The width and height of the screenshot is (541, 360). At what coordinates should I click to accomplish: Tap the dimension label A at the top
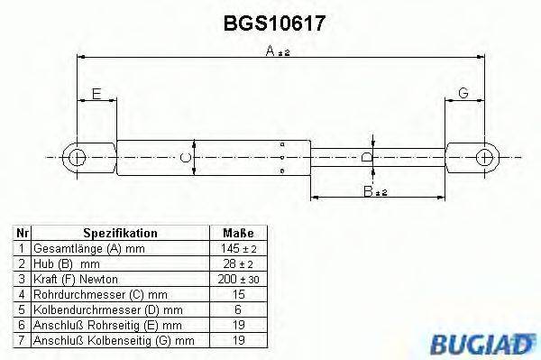pyautogui.click(x=270, y=53)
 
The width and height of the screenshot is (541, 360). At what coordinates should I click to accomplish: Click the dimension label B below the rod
pyautogui.click(x=367, y=192)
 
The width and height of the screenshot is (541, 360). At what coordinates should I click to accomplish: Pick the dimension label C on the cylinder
pyautogui.click(x=185, y=157)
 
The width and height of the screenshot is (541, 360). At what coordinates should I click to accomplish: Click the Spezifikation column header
pyautogui.click(x=120, y=233)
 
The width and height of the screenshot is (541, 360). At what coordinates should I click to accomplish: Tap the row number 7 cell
pyautogui.click(x=20, y=340)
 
